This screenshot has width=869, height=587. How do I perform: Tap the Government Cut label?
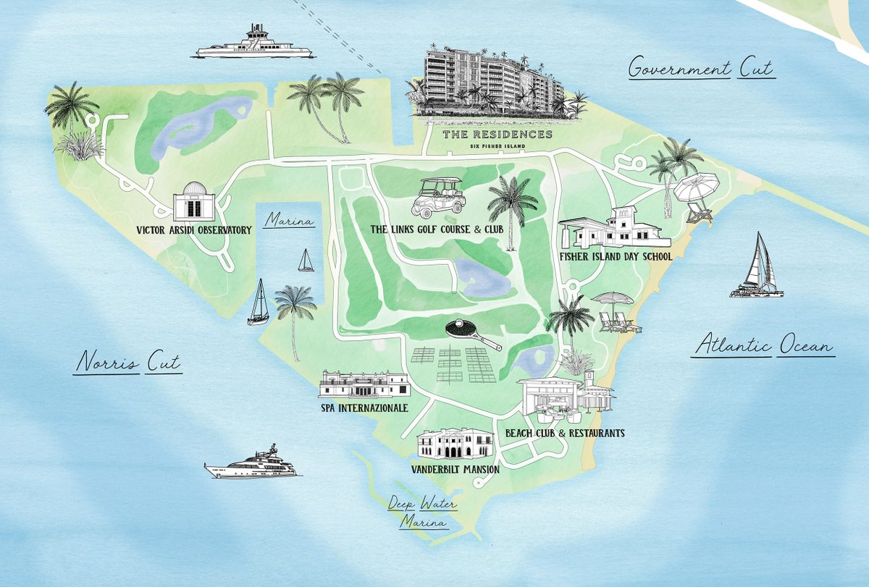click(x=700, y=69)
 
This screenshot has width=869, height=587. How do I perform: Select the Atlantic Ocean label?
click(x=763, y=346)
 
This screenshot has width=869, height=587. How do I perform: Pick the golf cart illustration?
click(x=437, y=198)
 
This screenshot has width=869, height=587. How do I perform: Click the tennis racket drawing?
click(x=469, y=334)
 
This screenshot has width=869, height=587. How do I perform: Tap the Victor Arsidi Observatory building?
click(x=193, y=201)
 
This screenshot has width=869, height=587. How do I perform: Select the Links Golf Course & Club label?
click(x=447, y=229)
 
